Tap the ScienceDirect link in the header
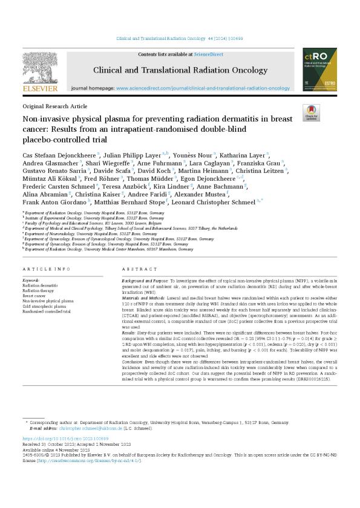(x=191, y=54)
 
